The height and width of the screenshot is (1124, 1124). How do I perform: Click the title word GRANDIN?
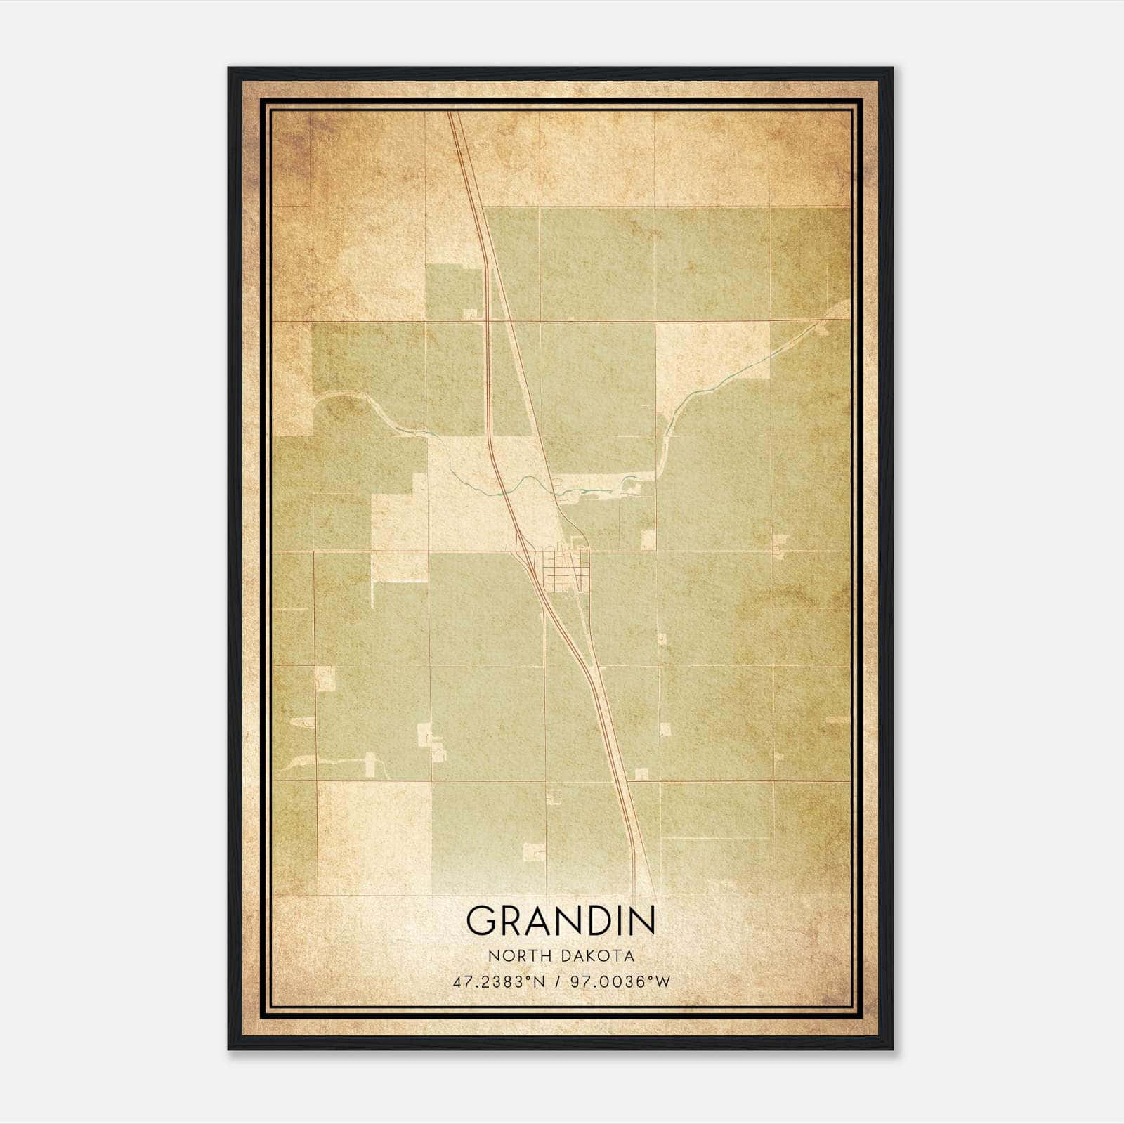point(561,920)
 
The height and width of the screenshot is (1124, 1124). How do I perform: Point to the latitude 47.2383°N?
point(499,982)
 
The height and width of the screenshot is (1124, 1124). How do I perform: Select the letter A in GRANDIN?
point(535,920)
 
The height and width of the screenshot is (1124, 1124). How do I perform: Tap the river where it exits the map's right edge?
point(848,303)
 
